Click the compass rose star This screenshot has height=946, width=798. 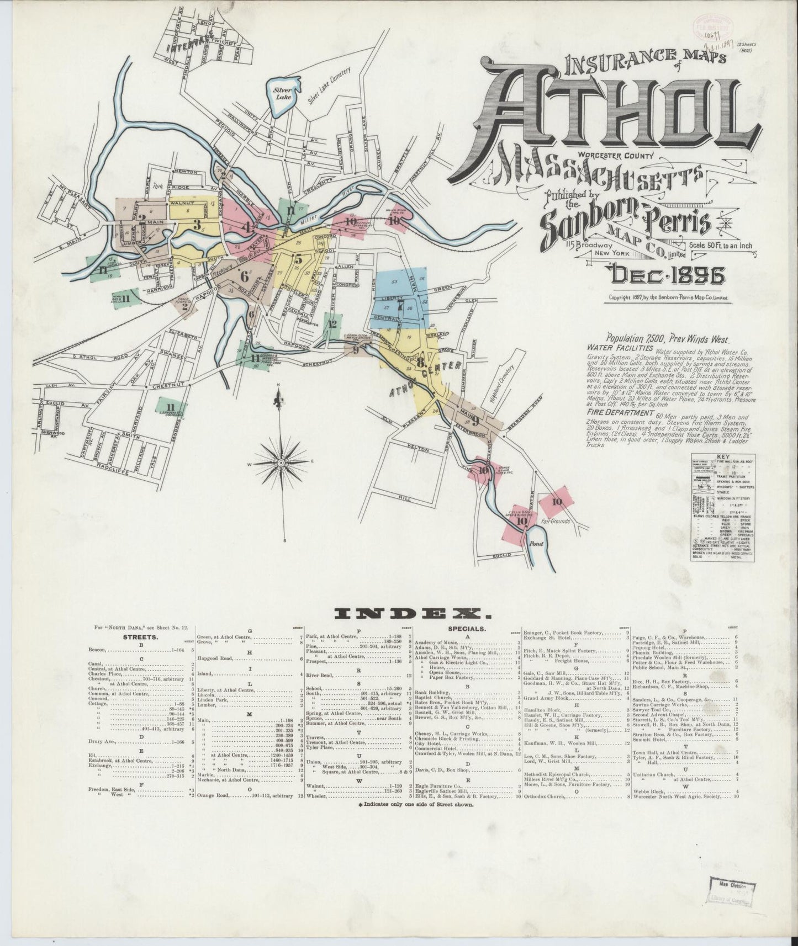pos(281,461)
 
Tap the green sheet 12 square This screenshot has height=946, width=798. pos(332,325)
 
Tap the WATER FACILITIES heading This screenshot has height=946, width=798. pos(620,349)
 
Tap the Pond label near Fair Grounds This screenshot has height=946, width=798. pos(536,544)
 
